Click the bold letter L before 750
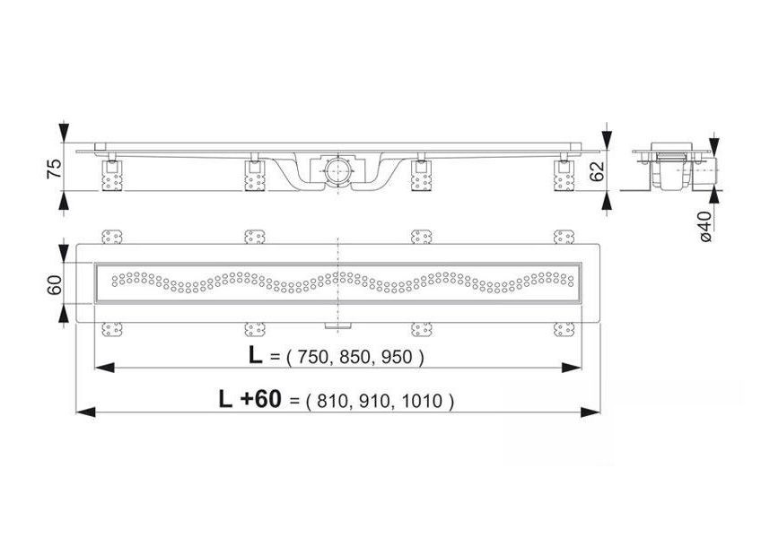click(256, 356)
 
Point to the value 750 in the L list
click(311, 358)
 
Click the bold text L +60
click(249, 400)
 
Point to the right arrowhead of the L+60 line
click(591, 412)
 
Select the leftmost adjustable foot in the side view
click(111, 176)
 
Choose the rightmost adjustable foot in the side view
click(563, 176)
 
